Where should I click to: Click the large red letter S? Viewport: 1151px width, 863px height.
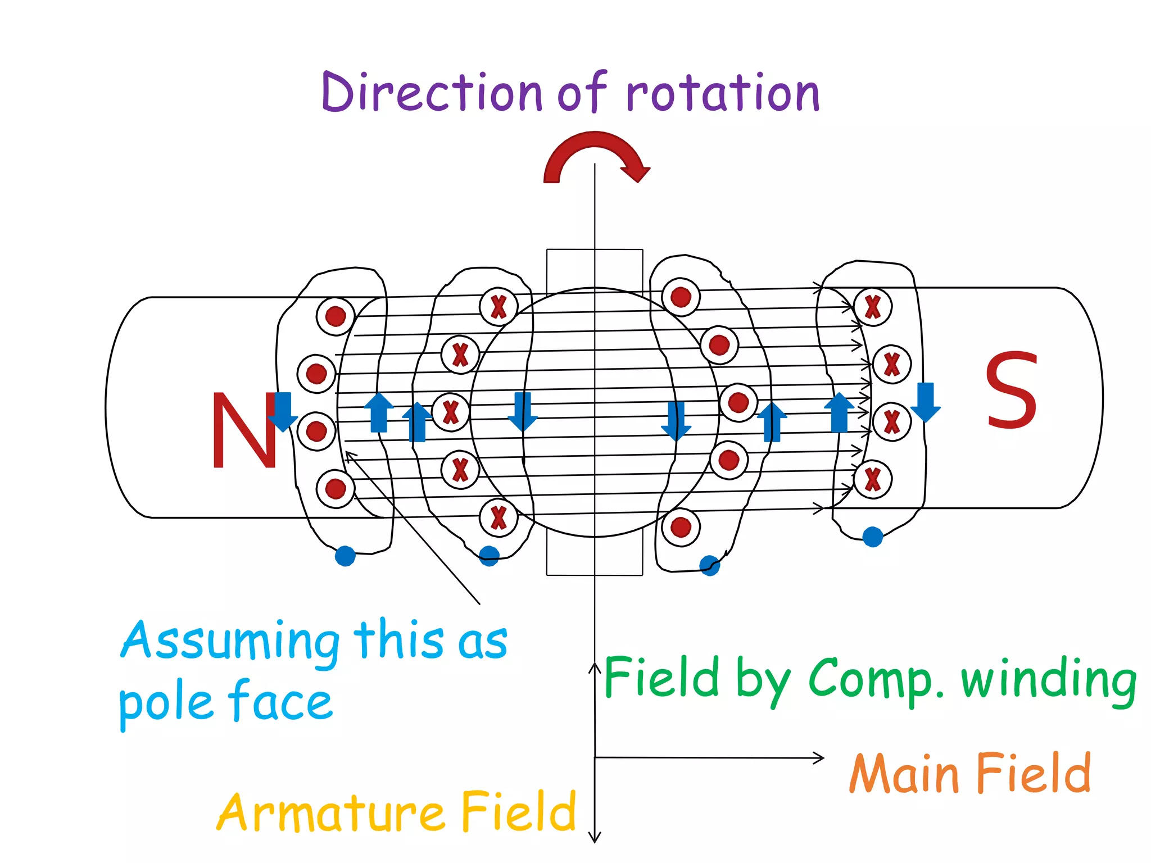click(1010, 390)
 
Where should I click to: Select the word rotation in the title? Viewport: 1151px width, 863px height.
click(723, 93)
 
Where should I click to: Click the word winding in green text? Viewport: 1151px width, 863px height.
click(1049, 680)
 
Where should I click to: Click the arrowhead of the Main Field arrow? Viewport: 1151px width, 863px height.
click(819, 758)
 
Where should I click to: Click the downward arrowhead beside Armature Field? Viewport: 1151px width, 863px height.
click(595, 837)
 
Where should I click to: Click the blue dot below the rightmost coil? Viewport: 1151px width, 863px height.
click(872, 537)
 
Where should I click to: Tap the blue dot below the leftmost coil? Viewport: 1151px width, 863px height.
click(345, 556)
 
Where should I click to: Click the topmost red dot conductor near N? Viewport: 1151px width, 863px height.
click(336, 316)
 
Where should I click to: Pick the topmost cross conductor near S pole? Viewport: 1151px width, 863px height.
click(872, 307)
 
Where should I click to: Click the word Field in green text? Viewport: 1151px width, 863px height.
click(662, 678)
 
